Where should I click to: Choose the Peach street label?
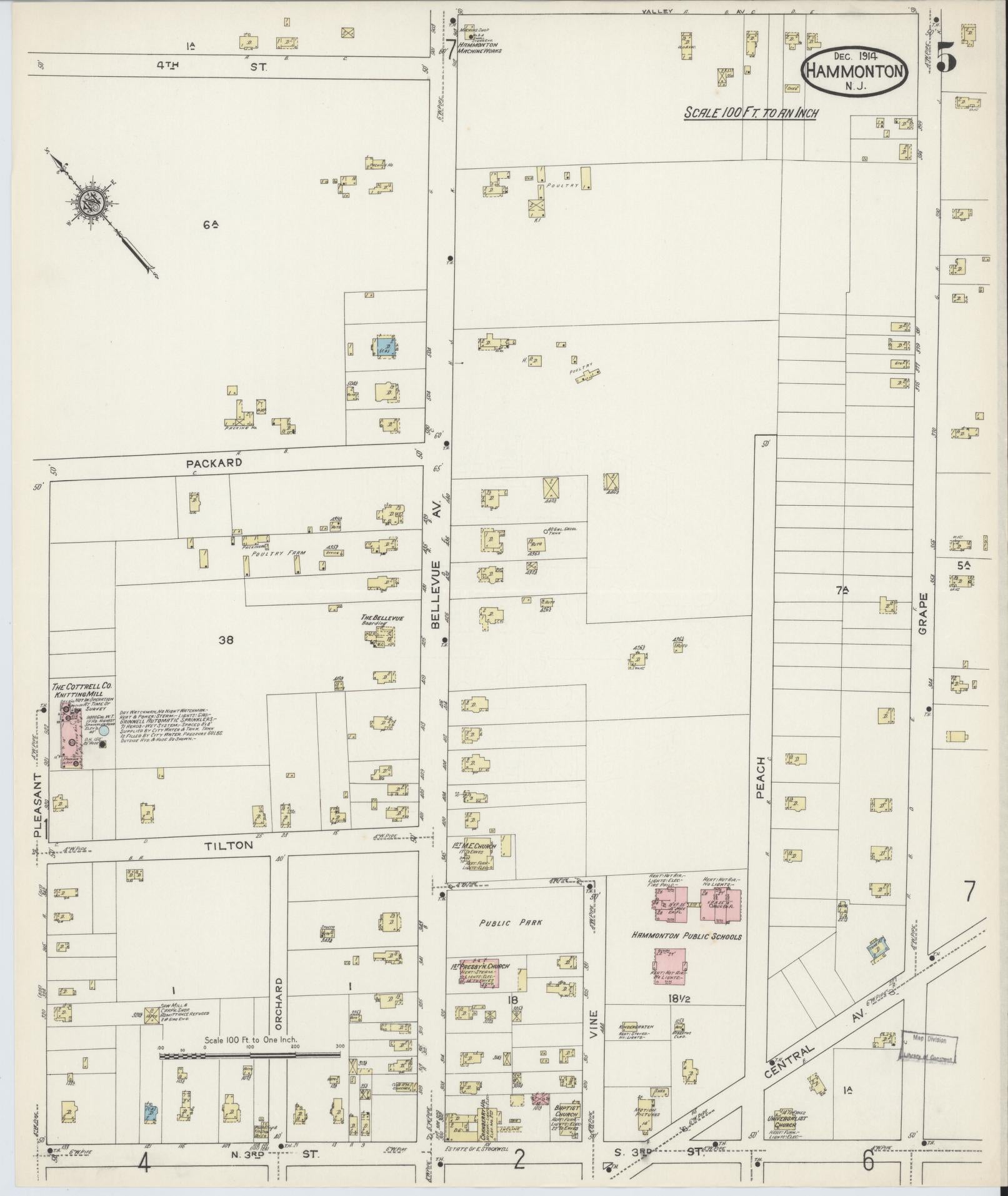tap(761, 777)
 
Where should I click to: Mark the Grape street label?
tap(923, 614)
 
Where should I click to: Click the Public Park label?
tap(504, 923)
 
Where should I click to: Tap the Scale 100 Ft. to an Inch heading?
tap(751, 113)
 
